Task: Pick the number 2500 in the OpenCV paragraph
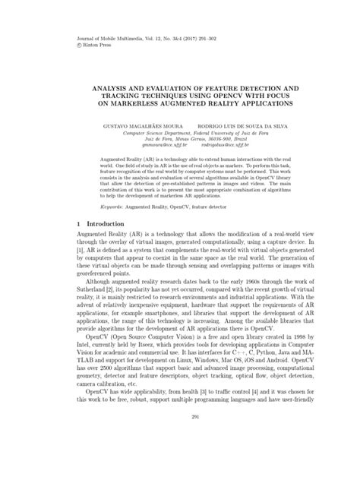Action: tap(109, 401)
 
